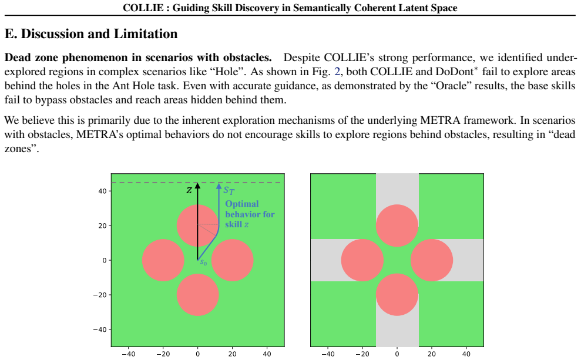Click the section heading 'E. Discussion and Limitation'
click(91, 33)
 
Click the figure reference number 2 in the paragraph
click(337, 72)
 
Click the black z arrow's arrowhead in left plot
click(197, 186)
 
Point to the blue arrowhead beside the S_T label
click(219, 186)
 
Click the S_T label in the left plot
click(229, 191)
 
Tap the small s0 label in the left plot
click(203, 263)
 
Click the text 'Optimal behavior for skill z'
click(250, 214)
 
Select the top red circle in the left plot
click(197, 226)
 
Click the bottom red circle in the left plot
click(197, 295)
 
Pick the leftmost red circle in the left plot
click(163, 260)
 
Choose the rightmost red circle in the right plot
click(432, 260)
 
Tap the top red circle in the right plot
click(397, 226)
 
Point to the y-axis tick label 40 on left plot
click(103, 191)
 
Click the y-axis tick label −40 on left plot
click(100, 329)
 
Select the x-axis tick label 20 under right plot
click(432, 354)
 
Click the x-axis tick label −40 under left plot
click(128, 354)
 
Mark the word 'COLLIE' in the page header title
click(143, 8)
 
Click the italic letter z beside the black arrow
click(189, 190)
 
